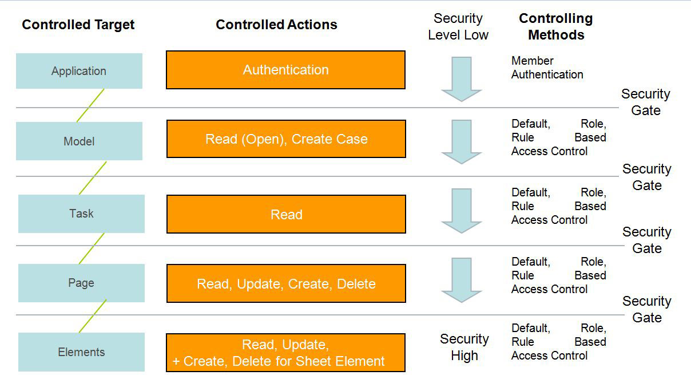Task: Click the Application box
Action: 80,71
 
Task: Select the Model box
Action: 80,141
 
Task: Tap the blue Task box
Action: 81,214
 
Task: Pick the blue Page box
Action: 81,283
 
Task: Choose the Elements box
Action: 81,352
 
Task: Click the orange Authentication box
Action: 285,70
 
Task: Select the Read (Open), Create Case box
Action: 286,139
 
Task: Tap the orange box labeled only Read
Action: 286,214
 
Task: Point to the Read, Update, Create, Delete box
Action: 286,283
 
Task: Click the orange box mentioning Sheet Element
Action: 285,353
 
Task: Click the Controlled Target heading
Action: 78,25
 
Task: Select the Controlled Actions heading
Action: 276,25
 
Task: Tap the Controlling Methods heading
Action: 556,26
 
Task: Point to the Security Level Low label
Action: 458,26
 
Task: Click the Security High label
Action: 464,347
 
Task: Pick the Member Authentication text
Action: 547,68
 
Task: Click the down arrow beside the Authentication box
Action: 462,79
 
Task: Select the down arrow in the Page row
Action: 462,280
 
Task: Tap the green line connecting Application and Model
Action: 90,105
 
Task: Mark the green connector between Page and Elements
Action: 93,316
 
